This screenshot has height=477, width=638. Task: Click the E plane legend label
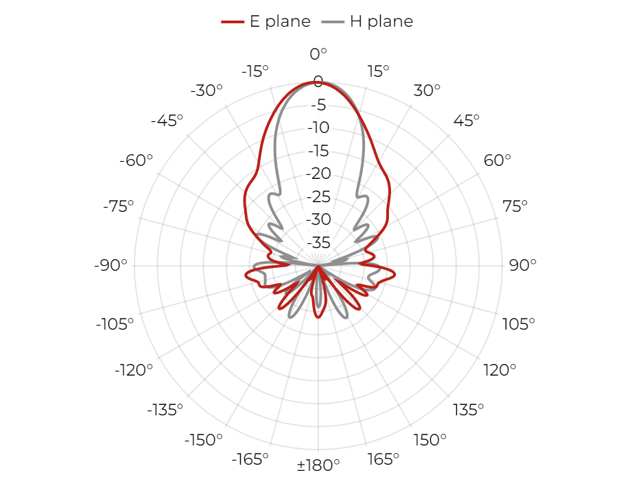280,21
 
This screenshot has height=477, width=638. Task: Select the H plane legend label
381,21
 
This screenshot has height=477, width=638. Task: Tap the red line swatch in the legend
233,21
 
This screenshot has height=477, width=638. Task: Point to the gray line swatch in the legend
333,21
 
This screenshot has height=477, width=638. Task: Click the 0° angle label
318,54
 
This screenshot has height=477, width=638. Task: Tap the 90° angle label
523,265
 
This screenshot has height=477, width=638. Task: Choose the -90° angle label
110,265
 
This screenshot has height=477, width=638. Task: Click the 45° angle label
466,121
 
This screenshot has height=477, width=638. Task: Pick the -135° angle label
165,410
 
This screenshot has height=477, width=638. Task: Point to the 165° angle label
383,459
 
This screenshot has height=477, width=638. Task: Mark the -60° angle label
136,160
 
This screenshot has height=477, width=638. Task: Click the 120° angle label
499,370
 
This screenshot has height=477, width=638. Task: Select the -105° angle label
115,324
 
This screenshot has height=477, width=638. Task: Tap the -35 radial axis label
318,243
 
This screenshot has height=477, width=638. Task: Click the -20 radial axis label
318,173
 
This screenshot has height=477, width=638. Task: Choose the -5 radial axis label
318,105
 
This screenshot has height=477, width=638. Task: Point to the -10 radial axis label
318,127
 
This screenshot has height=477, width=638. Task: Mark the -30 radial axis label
318,219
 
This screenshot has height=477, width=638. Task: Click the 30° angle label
427,90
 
